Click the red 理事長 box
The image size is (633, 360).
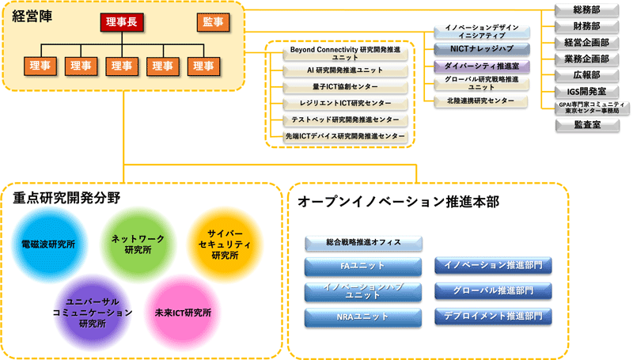pos(120,22)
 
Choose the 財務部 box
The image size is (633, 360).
pos(586,26)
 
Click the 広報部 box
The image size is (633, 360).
pos(586,75)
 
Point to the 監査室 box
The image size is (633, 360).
pos(586,124)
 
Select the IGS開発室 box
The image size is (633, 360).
pos(586,92)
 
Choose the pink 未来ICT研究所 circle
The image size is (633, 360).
pos(184,313)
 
